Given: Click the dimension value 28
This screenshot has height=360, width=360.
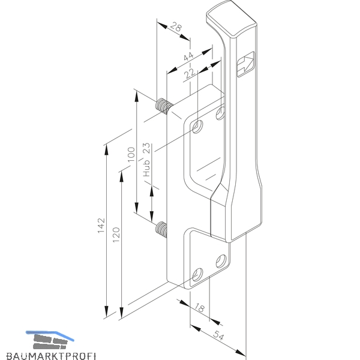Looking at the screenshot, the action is point(176,27).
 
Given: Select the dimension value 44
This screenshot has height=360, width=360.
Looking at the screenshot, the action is point(189,56).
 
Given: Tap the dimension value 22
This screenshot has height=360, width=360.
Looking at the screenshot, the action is point(190,73).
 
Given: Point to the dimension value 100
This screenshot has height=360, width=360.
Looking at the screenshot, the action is point(131,154).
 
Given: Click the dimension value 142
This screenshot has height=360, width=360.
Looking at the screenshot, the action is point(101,226).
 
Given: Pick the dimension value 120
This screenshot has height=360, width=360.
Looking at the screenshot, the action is point(116,235).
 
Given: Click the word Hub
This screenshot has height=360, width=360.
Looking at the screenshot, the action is point(146,168).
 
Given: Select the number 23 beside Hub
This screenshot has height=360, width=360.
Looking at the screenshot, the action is point(146,148).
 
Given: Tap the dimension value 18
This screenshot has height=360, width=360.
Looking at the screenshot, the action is point(199,308).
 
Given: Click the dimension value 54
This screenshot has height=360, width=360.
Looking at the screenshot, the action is point(218,335).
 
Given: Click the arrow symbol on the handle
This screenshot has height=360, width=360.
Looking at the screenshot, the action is point(245,64).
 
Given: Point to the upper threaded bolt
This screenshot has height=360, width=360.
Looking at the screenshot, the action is point(164,106).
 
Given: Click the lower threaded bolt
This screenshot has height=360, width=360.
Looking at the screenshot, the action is point(161,230).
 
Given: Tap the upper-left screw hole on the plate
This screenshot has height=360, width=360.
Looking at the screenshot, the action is point(197,127).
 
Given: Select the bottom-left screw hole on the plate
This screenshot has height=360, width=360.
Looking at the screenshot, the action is point(197,275).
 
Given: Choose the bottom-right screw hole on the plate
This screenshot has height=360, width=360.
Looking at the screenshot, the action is point(221,261).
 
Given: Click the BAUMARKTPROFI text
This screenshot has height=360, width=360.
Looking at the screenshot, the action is point(51,356).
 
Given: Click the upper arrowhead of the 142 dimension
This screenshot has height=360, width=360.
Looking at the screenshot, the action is point(106,151).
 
